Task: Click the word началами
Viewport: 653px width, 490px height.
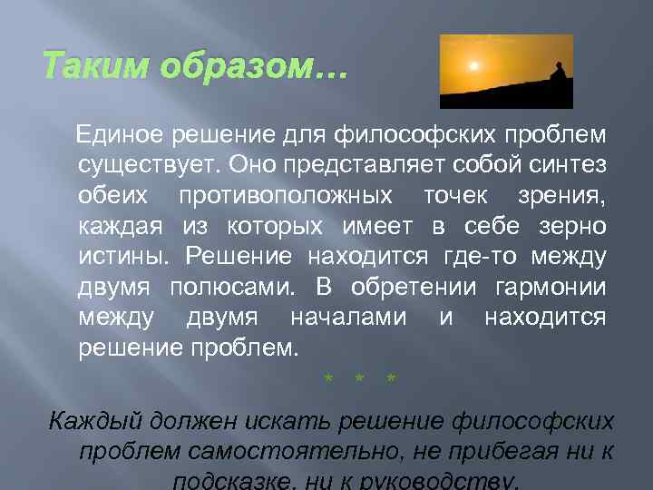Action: (x=348, y=317)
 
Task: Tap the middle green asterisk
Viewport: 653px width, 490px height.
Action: (x=360, y=377)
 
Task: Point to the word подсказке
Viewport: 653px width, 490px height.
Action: (x=226, y=481)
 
